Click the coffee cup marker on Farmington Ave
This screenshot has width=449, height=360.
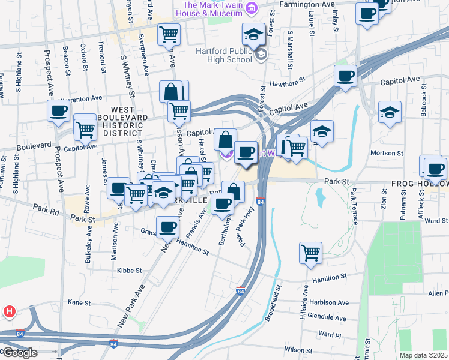(x=366, y=13)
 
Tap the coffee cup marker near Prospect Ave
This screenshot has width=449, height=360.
(x=59, y=110)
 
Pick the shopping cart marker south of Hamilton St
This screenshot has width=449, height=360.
(x=310, y=252)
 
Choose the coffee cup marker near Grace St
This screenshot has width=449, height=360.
(x=167, y=227)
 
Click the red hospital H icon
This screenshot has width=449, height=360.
(x=9, y=311)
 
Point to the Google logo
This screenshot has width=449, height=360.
(x=19, y=353)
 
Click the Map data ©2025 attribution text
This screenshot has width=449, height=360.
(x=423, y=355)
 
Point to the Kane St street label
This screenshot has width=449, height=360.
(x=79, y=302)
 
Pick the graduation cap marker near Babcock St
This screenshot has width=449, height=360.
(x=390, y=112)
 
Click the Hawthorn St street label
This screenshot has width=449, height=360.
(x=288, y=82)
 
